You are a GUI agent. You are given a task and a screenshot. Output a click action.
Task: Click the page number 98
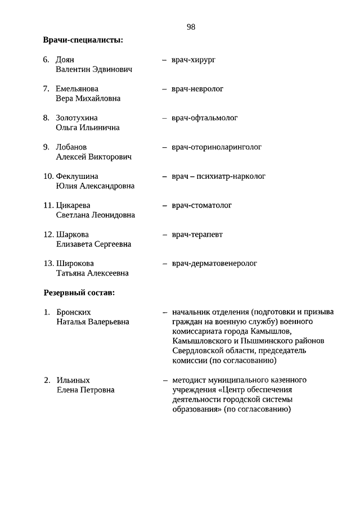point(191,27)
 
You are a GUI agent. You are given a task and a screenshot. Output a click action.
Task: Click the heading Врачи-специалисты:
point(83,40)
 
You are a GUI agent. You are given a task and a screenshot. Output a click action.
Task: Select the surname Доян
point(65,60)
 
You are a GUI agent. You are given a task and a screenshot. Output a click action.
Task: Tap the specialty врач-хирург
point(193,60)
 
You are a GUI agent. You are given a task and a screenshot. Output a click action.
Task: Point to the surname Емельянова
point(77,89)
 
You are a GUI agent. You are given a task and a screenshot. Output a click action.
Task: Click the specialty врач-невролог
point(197,89)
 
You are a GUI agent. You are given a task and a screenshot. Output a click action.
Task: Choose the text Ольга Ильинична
point(88,128)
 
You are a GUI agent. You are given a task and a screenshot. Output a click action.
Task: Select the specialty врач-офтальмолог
point(205,118)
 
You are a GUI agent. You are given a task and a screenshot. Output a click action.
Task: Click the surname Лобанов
point(71,147)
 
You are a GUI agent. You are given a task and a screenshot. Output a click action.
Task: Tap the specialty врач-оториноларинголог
point(217,147)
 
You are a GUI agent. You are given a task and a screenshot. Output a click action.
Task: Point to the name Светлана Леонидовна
point(96,215)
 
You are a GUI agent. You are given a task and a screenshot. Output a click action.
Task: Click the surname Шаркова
point(73,235)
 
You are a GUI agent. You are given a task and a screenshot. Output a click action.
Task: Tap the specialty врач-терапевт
point(197,235)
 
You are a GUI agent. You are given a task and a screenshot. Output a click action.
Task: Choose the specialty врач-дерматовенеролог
point(214,263)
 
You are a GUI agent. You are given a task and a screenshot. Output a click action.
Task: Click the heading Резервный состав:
point(79,293)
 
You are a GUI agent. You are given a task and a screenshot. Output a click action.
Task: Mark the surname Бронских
point(74,312)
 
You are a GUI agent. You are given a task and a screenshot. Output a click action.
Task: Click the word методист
point(190,380)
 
